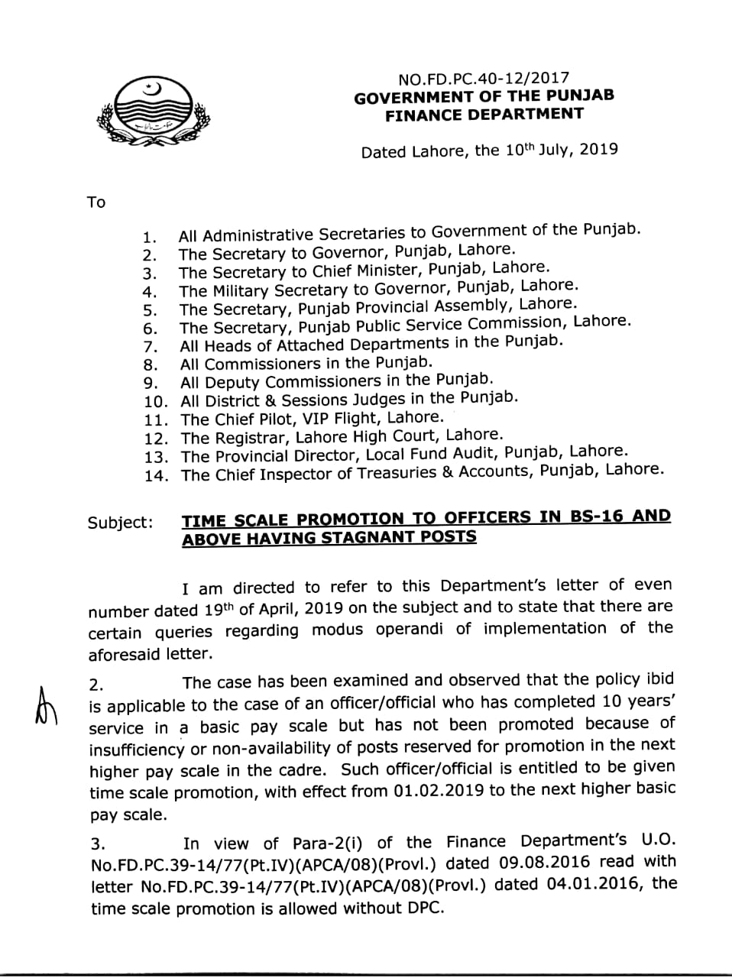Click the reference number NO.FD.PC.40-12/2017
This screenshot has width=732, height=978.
point(484,79)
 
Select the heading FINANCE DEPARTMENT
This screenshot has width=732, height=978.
point(484,115)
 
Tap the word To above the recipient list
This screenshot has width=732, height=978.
point(96,202)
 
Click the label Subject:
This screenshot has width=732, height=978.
point(120,523)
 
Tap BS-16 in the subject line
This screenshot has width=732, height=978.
point(594,516)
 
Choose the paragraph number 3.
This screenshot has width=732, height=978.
point(98,844)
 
